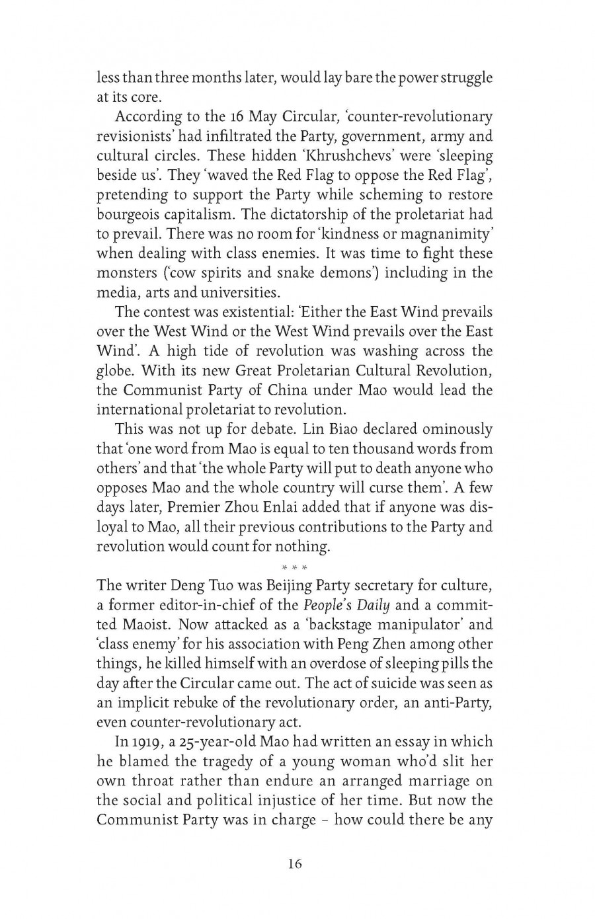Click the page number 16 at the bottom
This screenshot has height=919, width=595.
[x=295, y=863]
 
